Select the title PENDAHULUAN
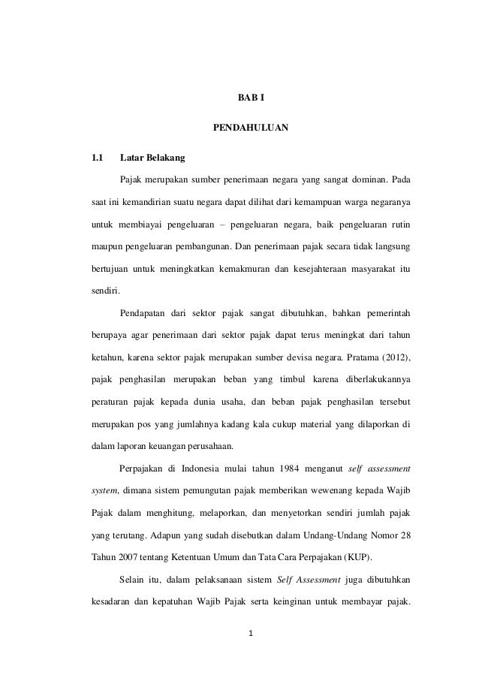click(251, 128)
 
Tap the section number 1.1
click(96, 158)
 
